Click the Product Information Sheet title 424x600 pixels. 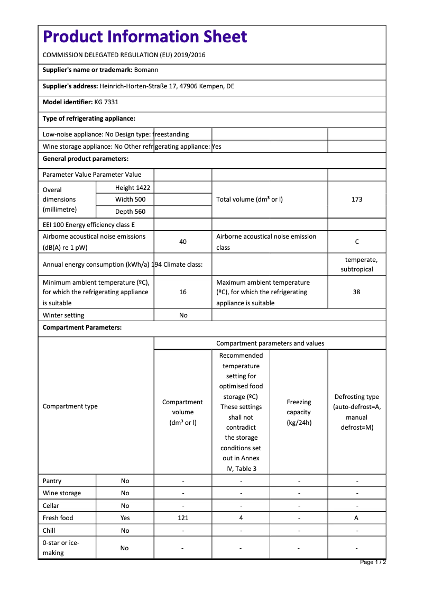[145, 37]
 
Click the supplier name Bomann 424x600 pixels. [146, 70]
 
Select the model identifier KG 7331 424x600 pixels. [106, 102]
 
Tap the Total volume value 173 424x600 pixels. [357, 199]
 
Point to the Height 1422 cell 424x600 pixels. [132, 188]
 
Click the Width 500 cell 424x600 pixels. [130, 199]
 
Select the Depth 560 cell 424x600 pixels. [130, 212]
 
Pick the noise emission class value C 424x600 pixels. [357, 242]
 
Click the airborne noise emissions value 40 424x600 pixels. [183, 242]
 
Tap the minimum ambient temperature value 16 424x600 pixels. [183, 292]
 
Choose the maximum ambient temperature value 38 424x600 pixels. [357, 292]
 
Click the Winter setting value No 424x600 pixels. [183, 315]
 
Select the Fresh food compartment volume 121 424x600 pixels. [183, 518]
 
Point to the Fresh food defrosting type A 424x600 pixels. [357, 518]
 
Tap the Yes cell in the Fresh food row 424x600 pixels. [125, 518]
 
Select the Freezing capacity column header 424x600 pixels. [299, 412]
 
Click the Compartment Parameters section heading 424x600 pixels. [82, 328]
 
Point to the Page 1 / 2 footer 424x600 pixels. [373, 562]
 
